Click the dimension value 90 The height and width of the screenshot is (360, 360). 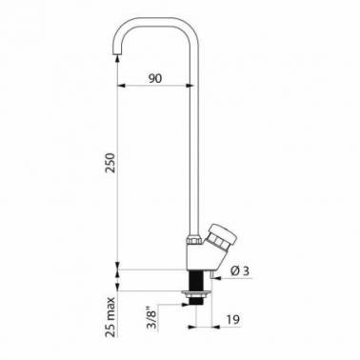point(155,78)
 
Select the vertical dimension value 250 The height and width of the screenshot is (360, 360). point(110,163)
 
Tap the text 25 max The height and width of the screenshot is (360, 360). point(110,317)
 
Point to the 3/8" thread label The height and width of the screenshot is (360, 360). point(153,318)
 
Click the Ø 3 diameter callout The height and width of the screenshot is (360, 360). point(240,270)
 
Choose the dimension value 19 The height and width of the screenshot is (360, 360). point(233,319)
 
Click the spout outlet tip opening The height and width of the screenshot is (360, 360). point(118,54)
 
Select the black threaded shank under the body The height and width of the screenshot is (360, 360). point(195,280)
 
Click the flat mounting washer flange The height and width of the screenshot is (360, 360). point(195,292)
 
